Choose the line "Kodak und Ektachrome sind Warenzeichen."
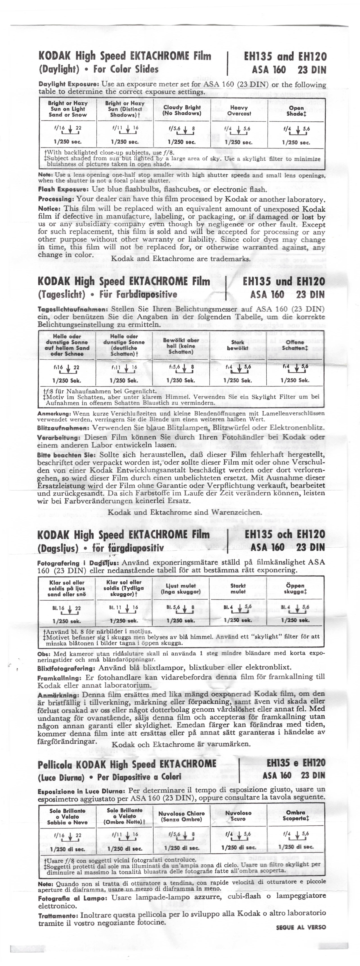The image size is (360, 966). [185, 512]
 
